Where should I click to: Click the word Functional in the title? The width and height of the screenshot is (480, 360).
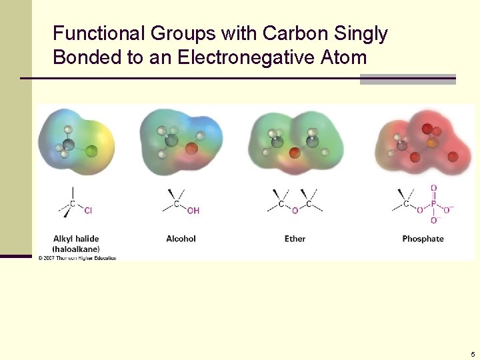(x=99, y=33)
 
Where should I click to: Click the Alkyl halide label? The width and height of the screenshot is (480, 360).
(x=76, y=238)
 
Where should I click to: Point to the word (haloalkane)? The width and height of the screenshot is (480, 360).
(x=77, y=248)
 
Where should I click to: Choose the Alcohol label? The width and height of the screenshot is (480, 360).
(x=181, y=239)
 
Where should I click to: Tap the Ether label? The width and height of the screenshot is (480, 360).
(x=295, y=239)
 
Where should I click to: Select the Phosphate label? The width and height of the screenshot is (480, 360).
(x=423, y=239)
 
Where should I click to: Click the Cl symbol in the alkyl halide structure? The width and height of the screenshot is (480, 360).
(x=88, y=211)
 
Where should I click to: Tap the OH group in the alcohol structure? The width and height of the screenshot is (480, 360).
(x=193, y=211)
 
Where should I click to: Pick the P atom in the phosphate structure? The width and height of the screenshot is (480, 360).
(x=433, y=205)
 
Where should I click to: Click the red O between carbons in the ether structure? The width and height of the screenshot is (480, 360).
(x=295, y=211)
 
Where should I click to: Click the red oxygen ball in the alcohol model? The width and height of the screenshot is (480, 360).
(x=191, y=149)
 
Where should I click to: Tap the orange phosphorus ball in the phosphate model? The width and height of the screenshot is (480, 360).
(x=432, y=143)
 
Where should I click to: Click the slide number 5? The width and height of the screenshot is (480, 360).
(x=473, y=355)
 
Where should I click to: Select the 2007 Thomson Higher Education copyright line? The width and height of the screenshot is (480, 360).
(x=77, y=258)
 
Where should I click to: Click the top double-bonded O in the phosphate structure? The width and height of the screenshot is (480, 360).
(x=433, y=189)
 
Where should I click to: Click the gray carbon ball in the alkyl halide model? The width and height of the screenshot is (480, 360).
(x=69, y=144)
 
